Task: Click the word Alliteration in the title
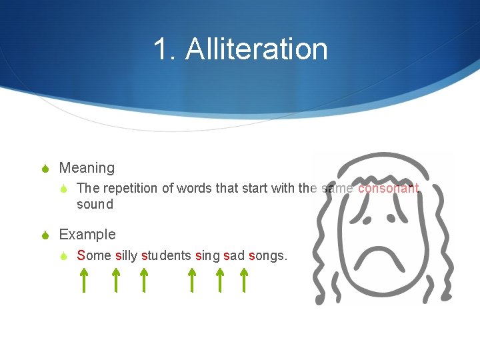point(257,49)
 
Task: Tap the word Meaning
point(87,168)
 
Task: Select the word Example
point(87,235)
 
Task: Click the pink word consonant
point(389,188)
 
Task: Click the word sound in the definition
point(95,205)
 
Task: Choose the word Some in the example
point(94,255)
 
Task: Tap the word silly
point(127,255)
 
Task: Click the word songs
point(267,255)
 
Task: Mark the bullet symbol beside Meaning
point(46,169)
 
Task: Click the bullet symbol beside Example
point(46,235)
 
